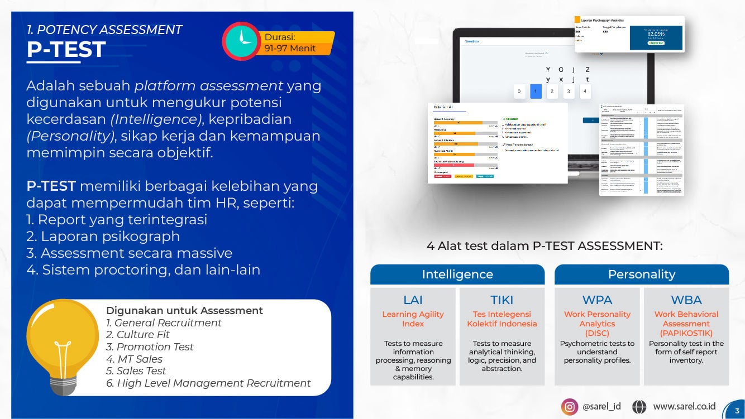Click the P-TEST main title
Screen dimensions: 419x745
(66, 50)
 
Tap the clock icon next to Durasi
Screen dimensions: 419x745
(242, 41)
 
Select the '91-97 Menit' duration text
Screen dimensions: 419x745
(290, 49)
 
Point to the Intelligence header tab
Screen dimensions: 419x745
(457, 274)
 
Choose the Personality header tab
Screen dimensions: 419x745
(641, 274)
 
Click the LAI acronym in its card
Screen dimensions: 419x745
(413, 300)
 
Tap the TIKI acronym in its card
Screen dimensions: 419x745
(502, 300)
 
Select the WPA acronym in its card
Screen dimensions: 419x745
(597, 300)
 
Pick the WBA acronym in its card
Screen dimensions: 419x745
(686, 300)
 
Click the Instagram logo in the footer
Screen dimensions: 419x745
(569, 407)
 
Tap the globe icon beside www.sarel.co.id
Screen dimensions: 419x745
(639, 407)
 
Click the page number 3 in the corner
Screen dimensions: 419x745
(737, 411)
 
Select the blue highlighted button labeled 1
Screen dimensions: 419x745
(536, 91)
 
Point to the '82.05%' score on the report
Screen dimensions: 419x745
(656, 34)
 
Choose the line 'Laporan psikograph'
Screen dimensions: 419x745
(103, 236)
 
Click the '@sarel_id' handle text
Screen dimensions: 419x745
(601, 407)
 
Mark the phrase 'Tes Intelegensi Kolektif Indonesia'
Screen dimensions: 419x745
(502, 319)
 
